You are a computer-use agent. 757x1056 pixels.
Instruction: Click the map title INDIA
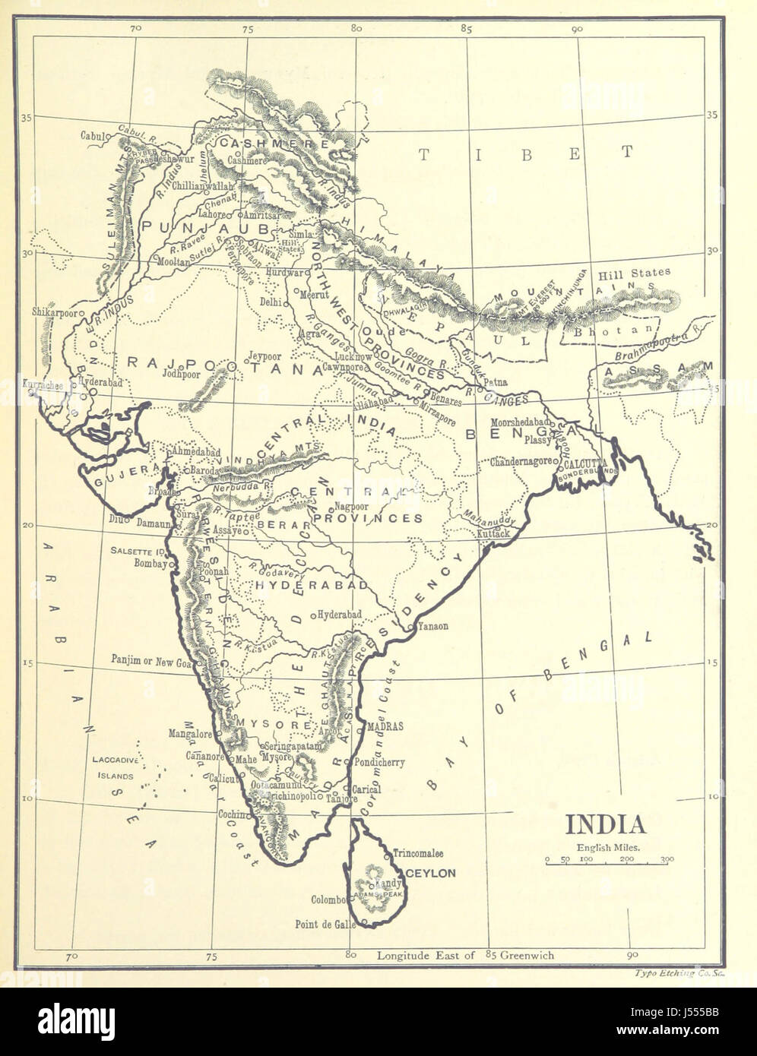(604, 826)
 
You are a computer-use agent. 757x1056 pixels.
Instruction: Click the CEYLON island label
(430, 874)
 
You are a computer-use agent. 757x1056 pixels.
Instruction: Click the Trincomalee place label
(417, 854)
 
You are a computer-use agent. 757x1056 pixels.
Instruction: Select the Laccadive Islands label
(113, 767)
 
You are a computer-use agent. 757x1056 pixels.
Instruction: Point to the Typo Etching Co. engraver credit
(676, 973)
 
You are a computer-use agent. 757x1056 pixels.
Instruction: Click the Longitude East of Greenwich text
(465, 956)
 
